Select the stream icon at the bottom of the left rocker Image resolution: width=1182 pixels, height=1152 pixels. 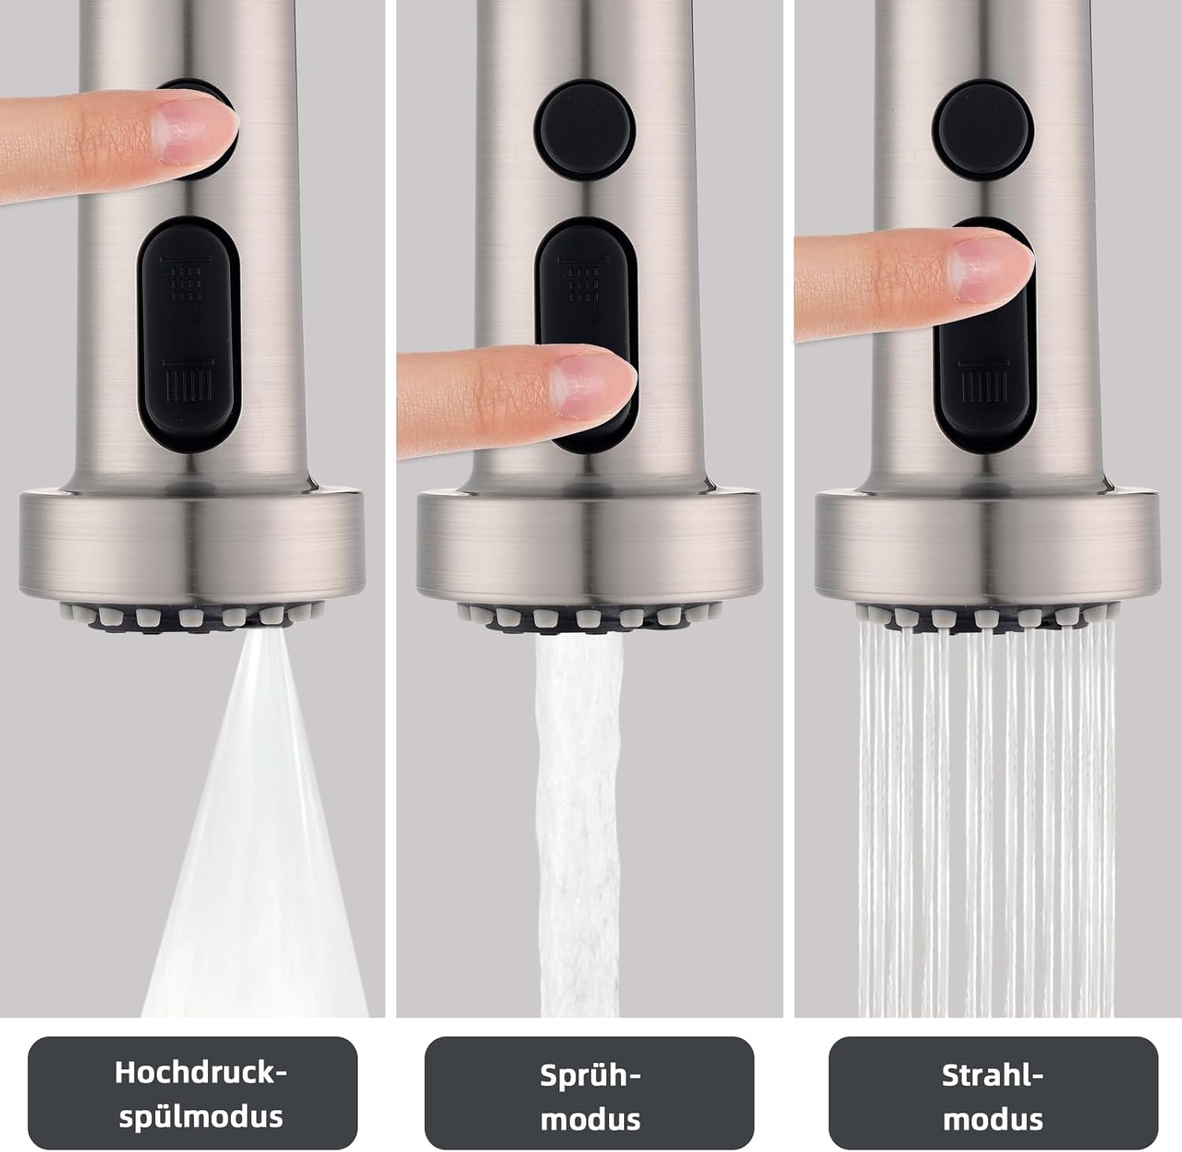coord(188,379)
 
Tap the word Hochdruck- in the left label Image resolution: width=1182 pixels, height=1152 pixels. coord(201,1072)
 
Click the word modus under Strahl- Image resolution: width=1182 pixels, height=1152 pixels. coord(993,1119)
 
